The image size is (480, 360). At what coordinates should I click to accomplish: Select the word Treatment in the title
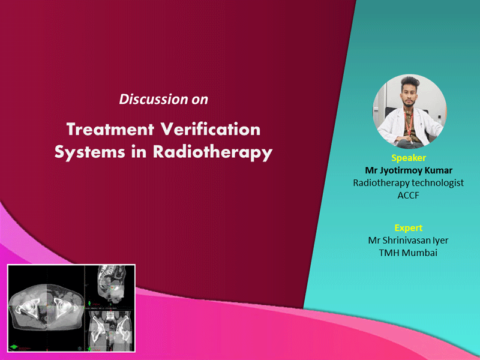(x=110, y=129)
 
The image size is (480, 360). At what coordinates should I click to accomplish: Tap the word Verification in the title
(x=211, y=129)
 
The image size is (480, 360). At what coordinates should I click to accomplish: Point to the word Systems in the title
(x=89, y=152)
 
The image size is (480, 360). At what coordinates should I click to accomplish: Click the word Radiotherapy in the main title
(x=212, y=152)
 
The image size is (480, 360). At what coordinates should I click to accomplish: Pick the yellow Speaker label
(x=409, y=158)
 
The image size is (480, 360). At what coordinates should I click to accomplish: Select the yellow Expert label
(x=409, y=228)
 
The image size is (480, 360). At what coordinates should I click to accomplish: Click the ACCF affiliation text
(x=408, y=196)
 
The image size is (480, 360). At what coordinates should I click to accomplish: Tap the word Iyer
(x=440, y=241)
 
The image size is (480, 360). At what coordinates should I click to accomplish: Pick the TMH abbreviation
(x=389, y=253)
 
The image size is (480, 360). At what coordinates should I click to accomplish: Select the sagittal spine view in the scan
(x=112, y=284)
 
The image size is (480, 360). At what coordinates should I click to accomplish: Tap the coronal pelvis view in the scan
(x=110, y=331)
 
